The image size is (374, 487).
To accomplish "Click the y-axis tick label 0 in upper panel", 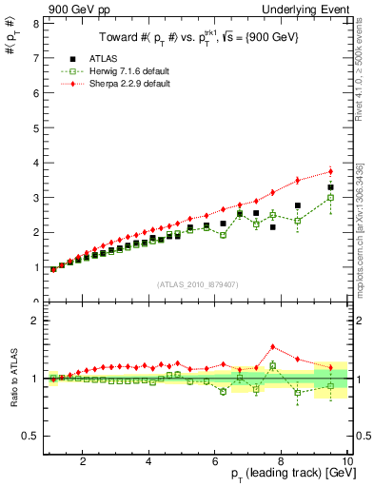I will pyautogui.click(x=35, y=302).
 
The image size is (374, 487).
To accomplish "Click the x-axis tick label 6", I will pyautogui.click(x=215, y=462).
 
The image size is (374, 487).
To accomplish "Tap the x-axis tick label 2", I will pyautogui.click(x=84, y=462).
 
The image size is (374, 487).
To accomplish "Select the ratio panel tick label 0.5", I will pyautogui.click(x=31, y=436).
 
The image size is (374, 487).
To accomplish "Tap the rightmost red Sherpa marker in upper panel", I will pyautogui.click(x=330, y=171).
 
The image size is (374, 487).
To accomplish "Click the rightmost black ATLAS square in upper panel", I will pyautogui.click(x=330, y=187).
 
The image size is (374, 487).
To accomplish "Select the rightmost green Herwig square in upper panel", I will pyautogui.click(x=330, y=198).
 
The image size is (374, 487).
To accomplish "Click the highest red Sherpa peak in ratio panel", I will pyautogui.click(x=272, y=346).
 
